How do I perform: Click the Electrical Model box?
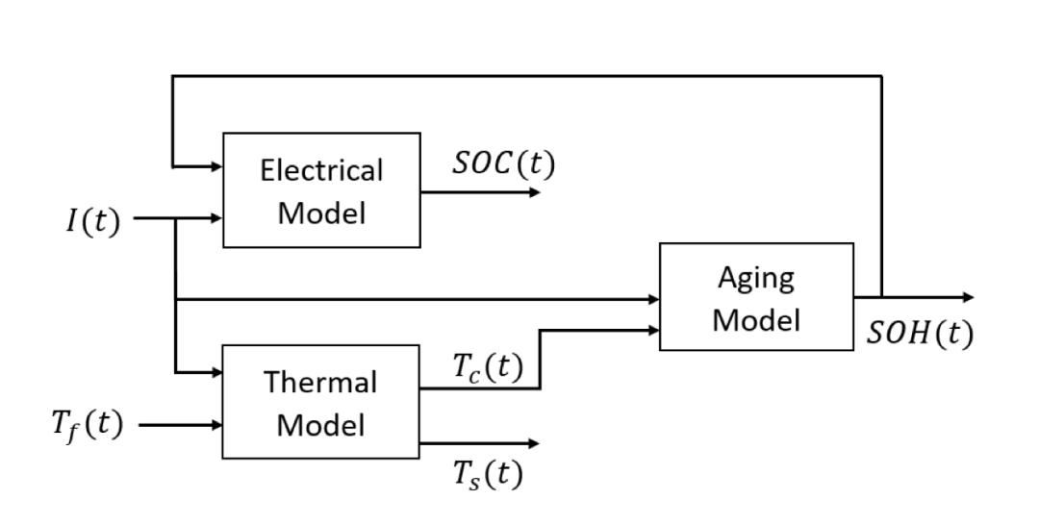pos(321,190)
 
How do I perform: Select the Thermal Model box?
pos(321,402)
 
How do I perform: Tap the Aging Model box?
pos(756,297)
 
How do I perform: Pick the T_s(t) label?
pos(487,473)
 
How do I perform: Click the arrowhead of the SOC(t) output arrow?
pos(534,191)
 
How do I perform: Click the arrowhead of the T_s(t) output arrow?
pos(534,443)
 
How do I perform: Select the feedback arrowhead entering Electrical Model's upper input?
pos(216,166)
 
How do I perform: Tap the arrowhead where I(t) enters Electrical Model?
pos(216,218)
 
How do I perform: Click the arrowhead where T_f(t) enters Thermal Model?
pos(216,423)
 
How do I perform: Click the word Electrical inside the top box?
pos(321,171)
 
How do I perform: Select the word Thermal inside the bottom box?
pos(321,383)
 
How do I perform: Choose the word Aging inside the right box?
pos(756,279)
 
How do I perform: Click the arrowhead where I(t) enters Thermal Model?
pos(216,371)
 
